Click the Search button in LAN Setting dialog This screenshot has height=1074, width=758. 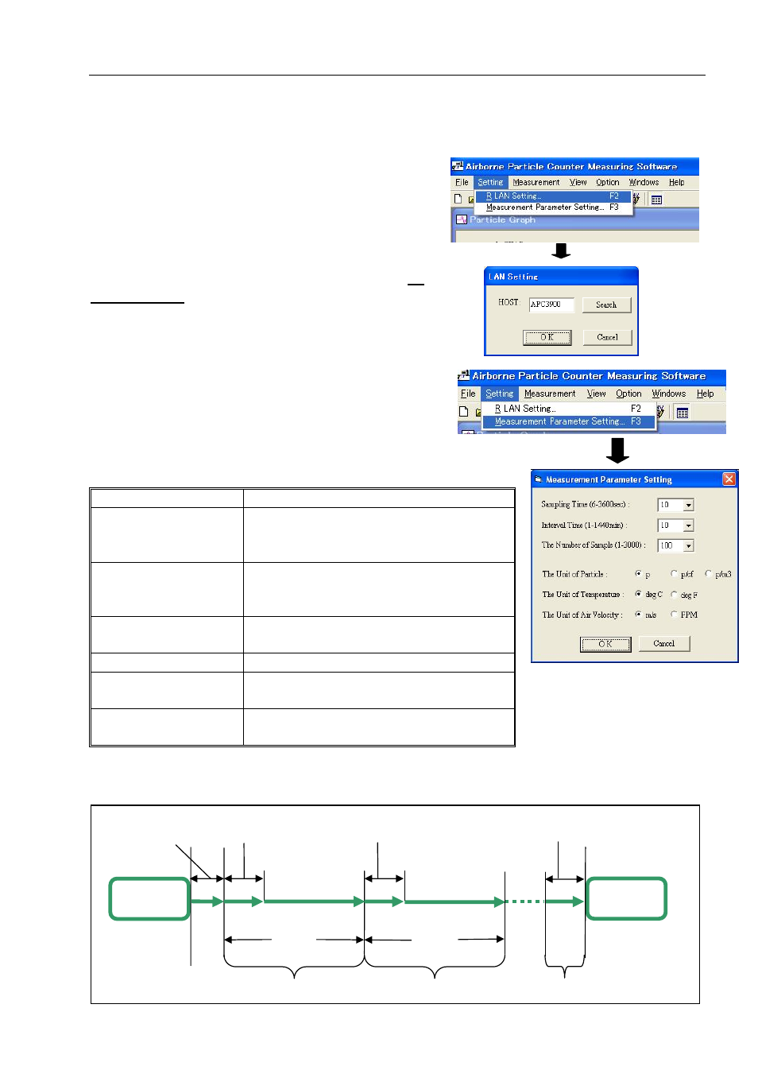(x=605, y=305)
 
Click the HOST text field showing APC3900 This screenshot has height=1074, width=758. (x=551, y=304)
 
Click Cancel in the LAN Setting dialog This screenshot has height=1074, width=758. (x=607, y=337)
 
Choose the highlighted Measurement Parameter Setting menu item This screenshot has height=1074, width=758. (x=567, y=421)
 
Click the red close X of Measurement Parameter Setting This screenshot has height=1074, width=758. (x=729, y=479)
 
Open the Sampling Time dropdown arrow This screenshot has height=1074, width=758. (x=689, y=505)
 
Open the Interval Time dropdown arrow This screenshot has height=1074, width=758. (x=689, y=525)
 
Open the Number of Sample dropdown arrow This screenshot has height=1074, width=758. (x=689, y=546)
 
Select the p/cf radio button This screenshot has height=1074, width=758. (x=674, y=574)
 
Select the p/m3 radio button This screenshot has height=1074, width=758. (x=708, y=574)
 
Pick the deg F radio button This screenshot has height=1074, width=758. (x=674, y=595)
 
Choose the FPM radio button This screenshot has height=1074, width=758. (x=674, y=615)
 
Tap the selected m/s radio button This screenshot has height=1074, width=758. (x=638, y=615)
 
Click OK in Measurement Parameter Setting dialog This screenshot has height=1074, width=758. (x=605, y=644)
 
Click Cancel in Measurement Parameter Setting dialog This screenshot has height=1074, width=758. (x=663, y=644)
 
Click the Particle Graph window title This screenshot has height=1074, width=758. (x=502, y=220)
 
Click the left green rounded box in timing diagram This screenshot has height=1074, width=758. (x=149, y=898)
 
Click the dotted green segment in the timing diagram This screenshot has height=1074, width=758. (x=524, y=901)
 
